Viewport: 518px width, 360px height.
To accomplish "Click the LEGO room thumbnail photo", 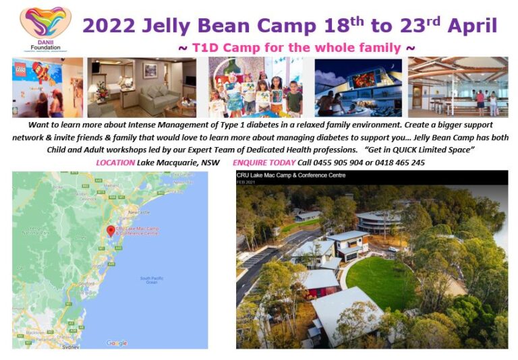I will (x=47, y=88).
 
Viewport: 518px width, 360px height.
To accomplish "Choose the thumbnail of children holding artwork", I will (x=255, y=88).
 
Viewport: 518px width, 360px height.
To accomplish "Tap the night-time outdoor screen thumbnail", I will (x=357, y=88).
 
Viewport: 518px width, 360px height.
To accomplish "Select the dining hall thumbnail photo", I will (x=457, y=88).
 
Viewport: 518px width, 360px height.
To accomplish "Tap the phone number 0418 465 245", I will (x=400, y=162).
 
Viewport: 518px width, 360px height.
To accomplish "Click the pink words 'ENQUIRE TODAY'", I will (x=262, y=162).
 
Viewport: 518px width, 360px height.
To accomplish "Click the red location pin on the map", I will (x=111, y=231).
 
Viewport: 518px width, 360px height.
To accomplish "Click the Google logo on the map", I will (x=117, y=343).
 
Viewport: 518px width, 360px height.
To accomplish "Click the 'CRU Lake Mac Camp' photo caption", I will (x=291, y=175).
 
